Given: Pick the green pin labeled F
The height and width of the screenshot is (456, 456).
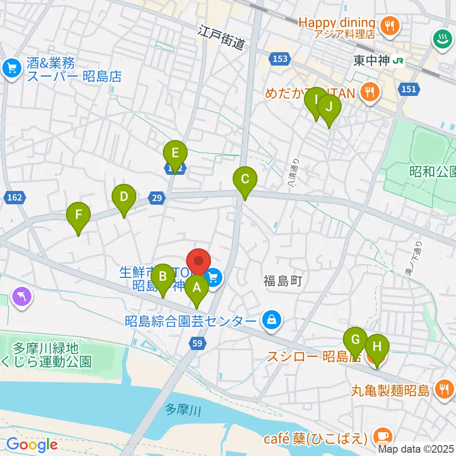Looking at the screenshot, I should click(78, 217).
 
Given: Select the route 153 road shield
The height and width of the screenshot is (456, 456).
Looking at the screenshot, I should click(280, 58).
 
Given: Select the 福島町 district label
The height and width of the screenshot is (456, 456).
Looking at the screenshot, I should click(283, 281).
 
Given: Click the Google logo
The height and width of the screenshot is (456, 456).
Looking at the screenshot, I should click(32, 445).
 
